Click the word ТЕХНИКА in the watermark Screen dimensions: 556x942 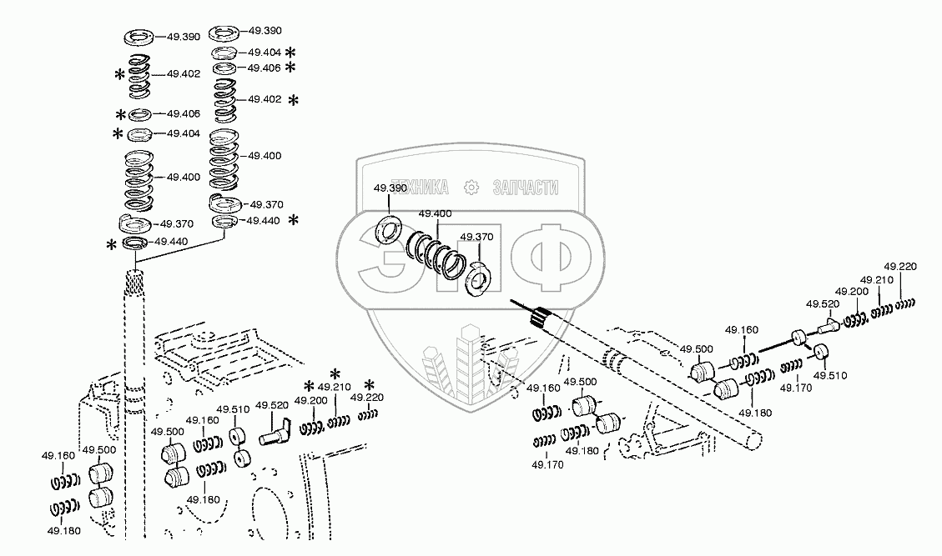point(421,188)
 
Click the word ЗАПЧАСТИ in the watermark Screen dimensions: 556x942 point(525,188)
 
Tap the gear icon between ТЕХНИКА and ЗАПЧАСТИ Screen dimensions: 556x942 point(471,188)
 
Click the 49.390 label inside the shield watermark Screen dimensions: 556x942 point(390,189)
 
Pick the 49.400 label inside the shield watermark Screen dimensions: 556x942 point(436,213)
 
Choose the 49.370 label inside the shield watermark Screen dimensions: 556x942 point(477,237)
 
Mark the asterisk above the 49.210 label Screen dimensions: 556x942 point(335,373)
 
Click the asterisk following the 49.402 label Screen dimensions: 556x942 point(293,100)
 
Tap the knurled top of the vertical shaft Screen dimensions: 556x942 point(133,283)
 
